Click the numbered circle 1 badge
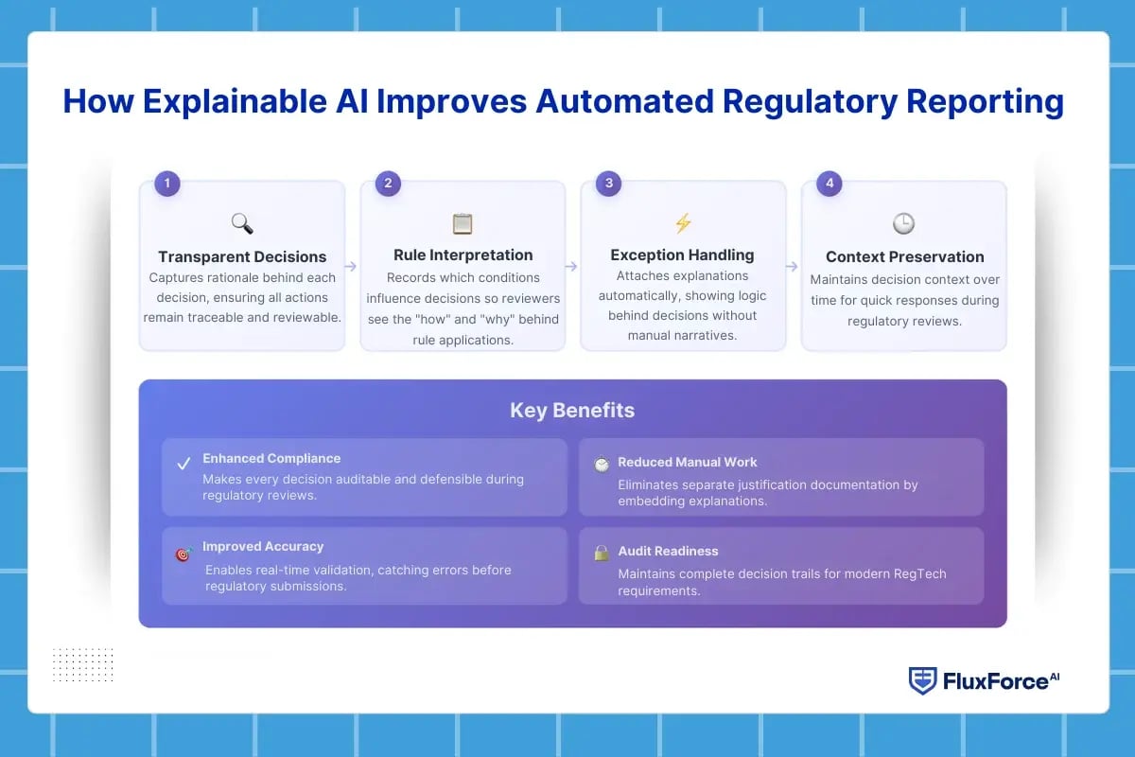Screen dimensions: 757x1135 coord(167,184)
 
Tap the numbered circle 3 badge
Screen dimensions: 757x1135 coord(608,184)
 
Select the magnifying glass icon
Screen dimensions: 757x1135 coord(242,223)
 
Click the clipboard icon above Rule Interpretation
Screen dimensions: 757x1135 coord(463,223)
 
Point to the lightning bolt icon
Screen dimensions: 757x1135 coord(683,223)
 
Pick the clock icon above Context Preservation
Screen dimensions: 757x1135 coord(903,223)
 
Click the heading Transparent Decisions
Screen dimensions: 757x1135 coord(242,256)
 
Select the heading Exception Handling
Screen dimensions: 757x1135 coord(682,255)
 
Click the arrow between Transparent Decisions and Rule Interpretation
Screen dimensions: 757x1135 coord(351,267)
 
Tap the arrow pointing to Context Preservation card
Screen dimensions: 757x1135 coord(792,267)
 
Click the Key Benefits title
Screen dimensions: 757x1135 coord(572,410)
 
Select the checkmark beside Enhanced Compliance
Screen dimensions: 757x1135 coord(183,465)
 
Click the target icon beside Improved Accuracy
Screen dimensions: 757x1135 coord(183,555)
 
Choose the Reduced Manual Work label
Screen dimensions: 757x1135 coord(688,462)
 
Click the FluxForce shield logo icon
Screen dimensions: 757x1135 coord(922,681)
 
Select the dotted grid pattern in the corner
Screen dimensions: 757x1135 coord(83,664)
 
